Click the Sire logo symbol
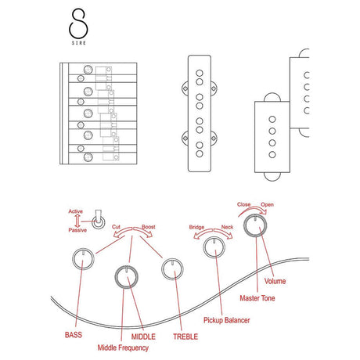[78, 23]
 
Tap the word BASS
[74, 335]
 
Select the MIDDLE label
[143, 337]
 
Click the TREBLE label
[185, 337]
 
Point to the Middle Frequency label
[123, 347]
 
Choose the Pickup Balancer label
[226, 320]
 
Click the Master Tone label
[257, 298]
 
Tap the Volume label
[275, 281]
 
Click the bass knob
[83, 259]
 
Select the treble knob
[172, 269]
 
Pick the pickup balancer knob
[214, 247]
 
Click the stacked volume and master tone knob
[255, 225]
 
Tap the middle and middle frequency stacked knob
[127, 277]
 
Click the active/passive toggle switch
[99, 221]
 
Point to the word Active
[76, 211]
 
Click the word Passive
[77, 230]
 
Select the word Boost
[149, 227]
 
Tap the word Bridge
[196, 227]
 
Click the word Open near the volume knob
[268, 205]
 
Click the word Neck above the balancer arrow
[227, 227]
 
